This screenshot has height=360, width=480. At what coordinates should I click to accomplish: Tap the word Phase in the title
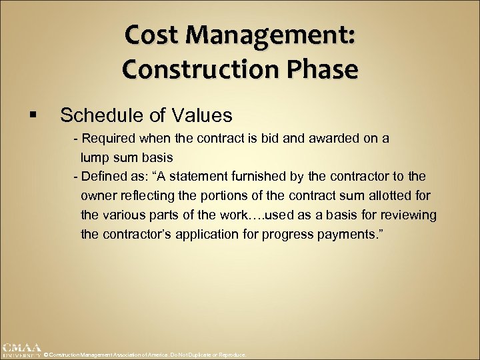point(323,69)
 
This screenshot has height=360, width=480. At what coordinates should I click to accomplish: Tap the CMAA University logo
point(21,350)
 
